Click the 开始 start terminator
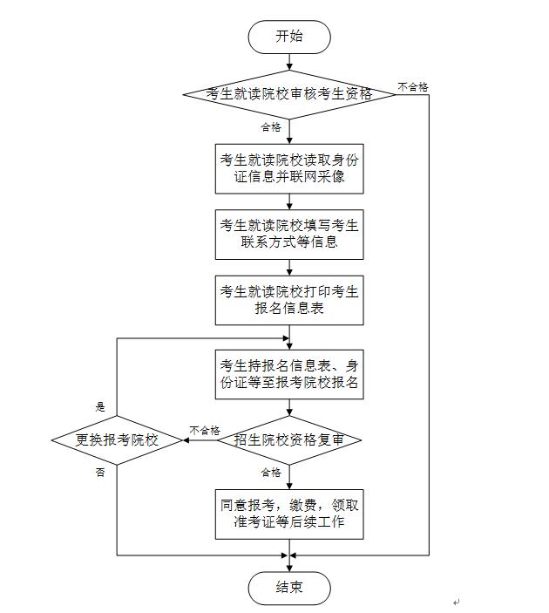289,37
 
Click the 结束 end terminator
289,588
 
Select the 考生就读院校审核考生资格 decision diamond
289,94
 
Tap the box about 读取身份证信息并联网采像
289,168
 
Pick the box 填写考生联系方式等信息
289,234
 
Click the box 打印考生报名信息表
289,299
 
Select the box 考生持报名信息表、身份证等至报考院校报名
289,373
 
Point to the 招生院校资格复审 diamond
289,440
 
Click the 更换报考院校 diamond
118,440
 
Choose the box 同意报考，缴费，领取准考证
289,514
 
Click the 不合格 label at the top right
412,86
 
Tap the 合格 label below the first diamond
271,127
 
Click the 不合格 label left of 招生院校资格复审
205,430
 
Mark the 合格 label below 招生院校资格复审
271,473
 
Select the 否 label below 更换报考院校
100,472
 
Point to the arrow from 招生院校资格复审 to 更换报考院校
200,440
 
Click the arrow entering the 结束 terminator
289,563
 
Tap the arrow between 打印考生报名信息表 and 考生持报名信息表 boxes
289,336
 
